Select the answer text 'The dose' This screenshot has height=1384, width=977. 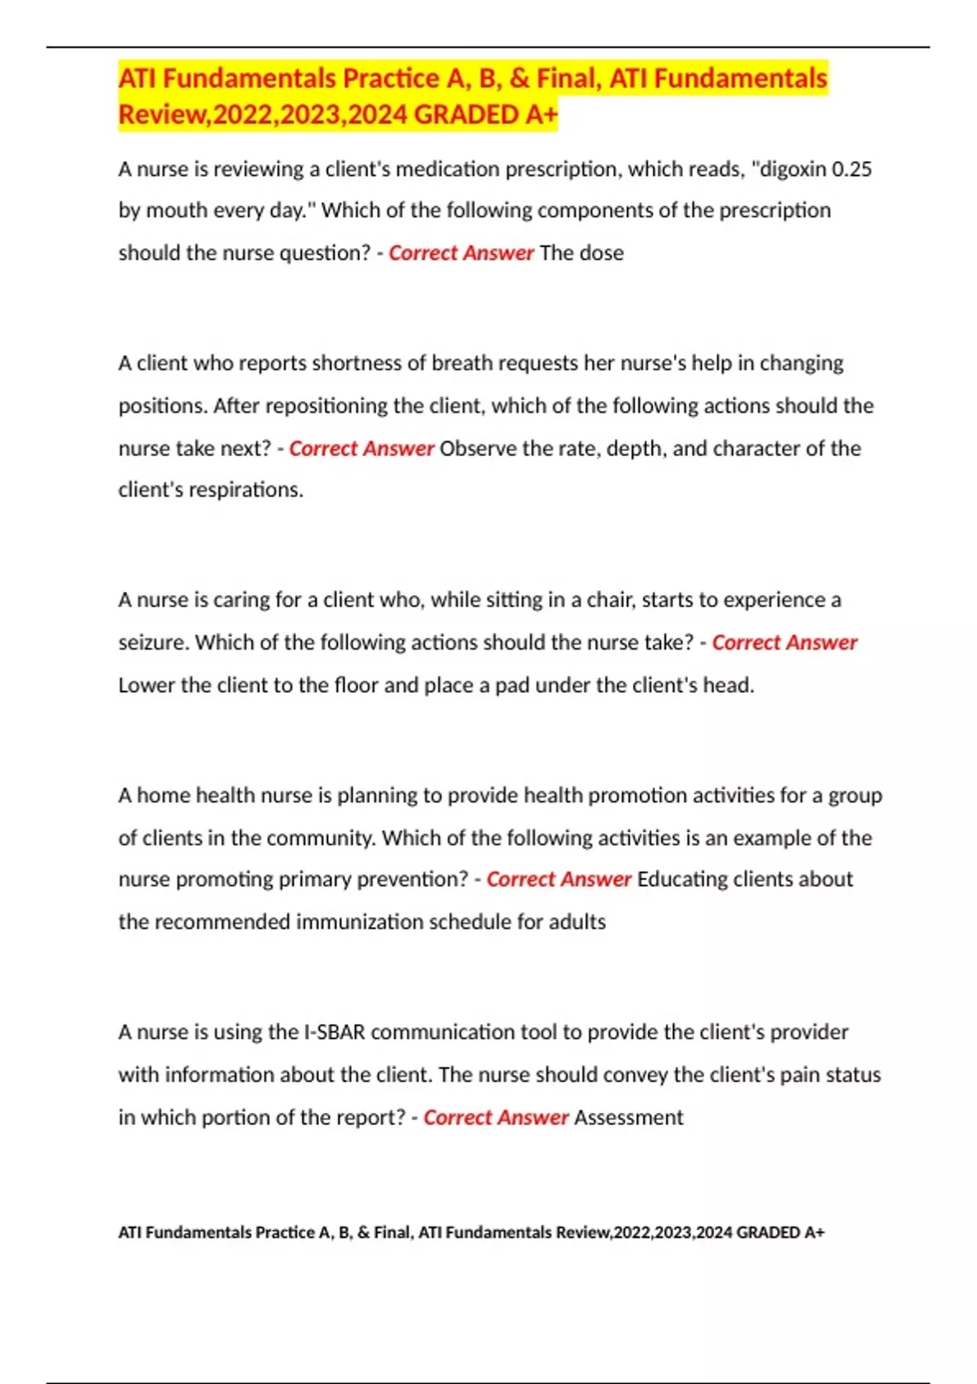pos(581,253)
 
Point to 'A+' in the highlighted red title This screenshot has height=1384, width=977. pos(541,115)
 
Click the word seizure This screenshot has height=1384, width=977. pos(153,642)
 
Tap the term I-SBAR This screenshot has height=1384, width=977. pos(334,1032)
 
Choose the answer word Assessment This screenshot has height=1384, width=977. pos(629,1118)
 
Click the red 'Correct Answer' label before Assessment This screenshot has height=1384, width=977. pos(495,1118)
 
